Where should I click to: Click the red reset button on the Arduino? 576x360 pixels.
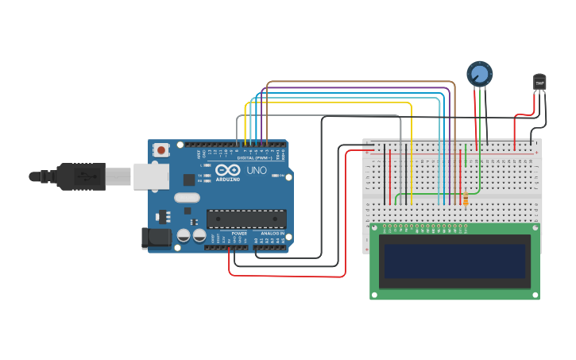161,149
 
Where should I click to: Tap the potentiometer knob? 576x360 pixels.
479,74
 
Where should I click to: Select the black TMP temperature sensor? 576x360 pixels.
539,81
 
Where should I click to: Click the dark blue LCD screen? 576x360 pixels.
454,261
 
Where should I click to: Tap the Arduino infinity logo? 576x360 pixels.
227,171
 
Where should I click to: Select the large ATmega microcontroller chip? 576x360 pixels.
246,219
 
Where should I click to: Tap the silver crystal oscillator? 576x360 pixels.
187,198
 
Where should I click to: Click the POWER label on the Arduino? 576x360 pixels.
239,233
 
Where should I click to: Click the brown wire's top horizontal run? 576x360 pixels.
358,82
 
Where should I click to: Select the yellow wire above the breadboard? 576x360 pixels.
334,103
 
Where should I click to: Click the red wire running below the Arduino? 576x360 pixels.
286,276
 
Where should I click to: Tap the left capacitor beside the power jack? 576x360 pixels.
184,235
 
